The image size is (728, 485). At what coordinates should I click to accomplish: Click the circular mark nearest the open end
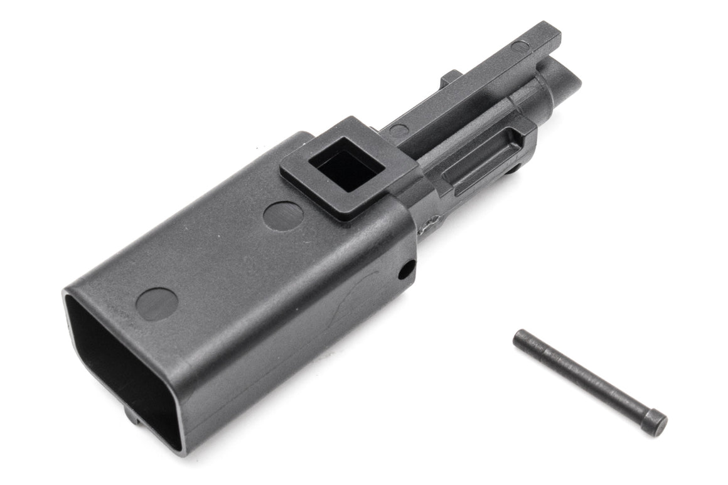157,303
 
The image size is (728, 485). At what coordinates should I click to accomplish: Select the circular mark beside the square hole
283,216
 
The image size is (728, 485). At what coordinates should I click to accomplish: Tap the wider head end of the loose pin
656,422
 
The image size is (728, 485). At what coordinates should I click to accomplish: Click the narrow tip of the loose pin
520,339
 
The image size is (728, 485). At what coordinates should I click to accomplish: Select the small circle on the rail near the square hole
399,130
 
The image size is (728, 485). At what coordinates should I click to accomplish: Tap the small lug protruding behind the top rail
451,78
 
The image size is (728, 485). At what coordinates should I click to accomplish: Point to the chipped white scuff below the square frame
431,221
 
